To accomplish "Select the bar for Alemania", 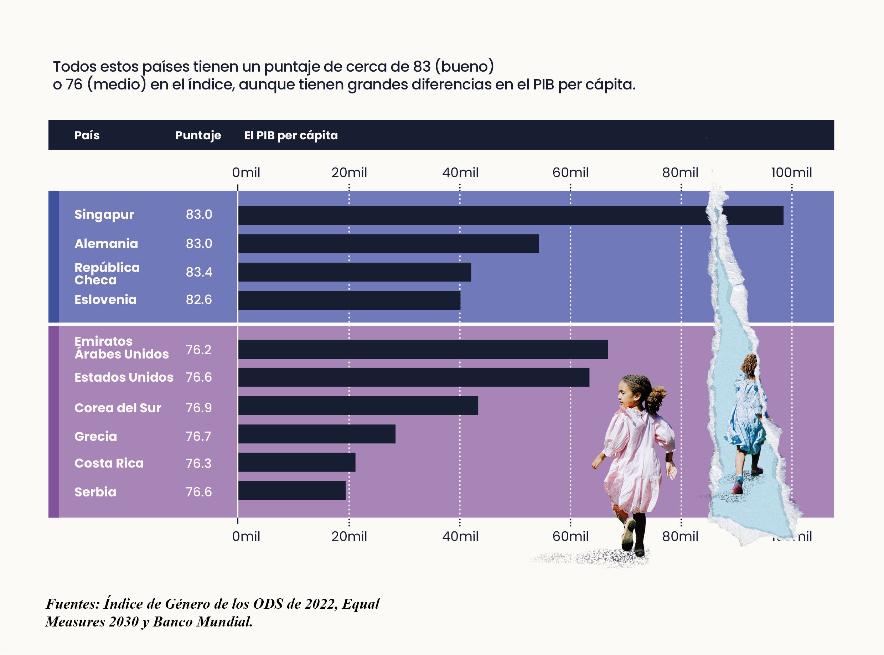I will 388,243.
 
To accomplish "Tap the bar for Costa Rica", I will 297,462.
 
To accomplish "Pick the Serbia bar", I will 292,490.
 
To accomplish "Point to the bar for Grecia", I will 317,434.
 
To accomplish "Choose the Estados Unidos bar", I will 414,377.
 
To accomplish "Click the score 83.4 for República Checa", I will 199,272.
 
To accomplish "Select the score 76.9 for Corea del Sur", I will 199,408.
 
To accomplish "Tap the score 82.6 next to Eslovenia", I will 199,300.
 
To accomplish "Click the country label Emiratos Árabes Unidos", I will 121,348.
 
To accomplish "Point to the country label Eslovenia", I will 105,300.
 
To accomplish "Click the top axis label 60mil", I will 570,173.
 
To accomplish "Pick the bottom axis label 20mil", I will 349,536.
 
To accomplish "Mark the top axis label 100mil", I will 791,173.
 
